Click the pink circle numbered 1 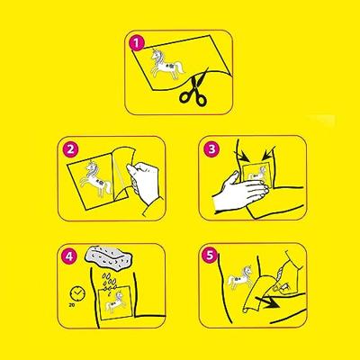pos(137,43)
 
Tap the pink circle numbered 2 pos(70,149)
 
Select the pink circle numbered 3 pos(211,149)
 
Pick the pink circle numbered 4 pos(69,256)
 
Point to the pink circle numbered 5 pos(210,256)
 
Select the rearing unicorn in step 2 pos(95,180)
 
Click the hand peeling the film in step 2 pos(143,182)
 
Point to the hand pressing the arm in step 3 pos(240,192)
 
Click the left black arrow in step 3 pos(245,155)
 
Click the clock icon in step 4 pos(76,293)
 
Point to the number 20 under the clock pos(72,305)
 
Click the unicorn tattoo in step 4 pos(116,303)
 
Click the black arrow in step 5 pos(268,301)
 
